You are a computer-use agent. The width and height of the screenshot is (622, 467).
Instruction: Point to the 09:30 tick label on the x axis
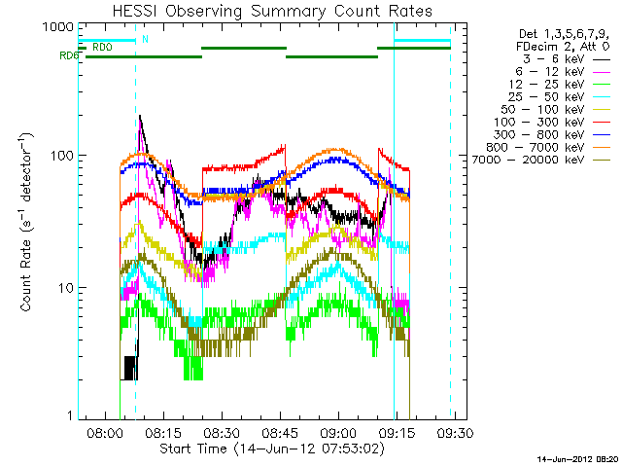(455, 433)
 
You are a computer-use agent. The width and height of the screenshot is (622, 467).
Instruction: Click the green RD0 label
(102, 46)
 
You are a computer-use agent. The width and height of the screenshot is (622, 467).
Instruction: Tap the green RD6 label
(69, 55)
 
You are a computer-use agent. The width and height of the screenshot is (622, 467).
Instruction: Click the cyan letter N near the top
(146, 39)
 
